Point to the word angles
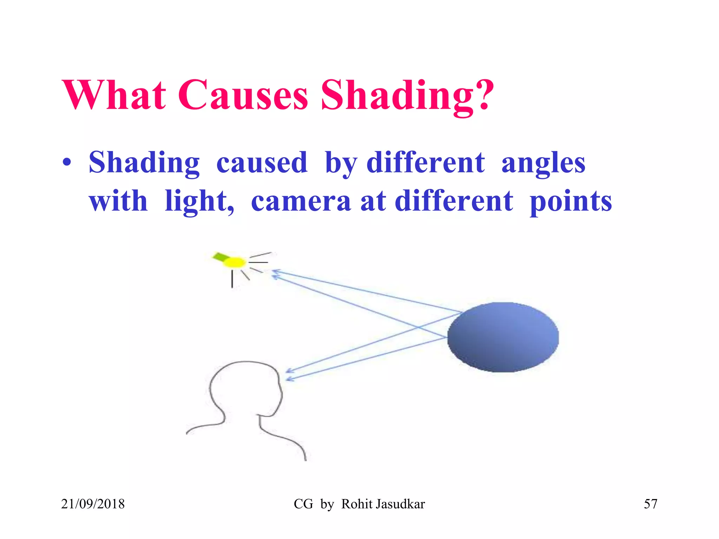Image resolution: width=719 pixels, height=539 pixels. [x=543, y=164]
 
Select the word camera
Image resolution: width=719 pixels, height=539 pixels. [x=301, y=201]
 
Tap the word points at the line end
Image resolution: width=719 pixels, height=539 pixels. [x=571, y=202]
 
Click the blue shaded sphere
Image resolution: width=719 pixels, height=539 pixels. [x=503, y=337]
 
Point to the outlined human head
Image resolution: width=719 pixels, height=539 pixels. [x=246, y=390]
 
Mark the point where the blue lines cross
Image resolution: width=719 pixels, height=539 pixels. [x=418, y=327]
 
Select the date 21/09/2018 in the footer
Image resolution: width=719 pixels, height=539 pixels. [x=93, y=504]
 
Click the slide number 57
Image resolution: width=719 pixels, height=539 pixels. [x=650, y=504]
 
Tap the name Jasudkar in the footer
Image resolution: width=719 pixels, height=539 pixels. [x=400, y=504]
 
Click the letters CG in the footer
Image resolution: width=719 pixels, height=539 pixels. [x=303, y=504]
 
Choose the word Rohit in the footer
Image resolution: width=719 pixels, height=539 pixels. [x=357, y=504]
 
